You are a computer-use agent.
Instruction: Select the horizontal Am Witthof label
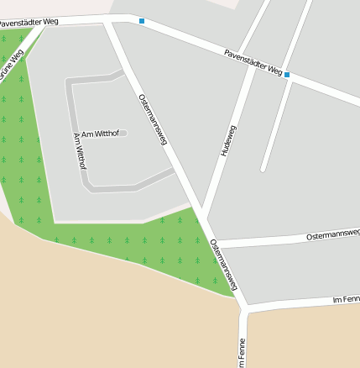[x=100, y=134]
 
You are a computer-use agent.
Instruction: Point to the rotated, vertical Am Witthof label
[x=80, y=150]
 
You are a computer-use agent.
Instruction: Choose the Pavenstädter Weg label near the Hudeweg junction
[x=253, y=63]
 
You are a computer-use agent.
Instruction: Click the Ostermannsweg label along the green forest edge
[x=224, y=264]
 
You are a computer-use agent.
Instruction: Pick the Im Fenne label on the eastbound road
[x=346, y=298]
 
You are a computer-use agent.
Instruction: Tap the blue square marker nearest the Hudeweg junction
[x=287, y=75]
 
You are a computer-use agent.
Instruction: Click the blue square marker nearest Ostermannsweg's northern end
[x=142, y=20]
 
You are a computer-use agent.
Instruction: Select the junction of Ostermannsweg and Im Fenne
[x=244, y=308]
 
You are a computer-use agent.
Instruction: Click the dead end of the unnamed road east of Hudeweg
[x=263, y=169]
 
